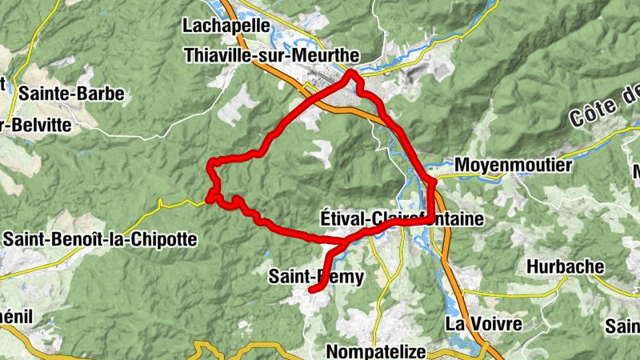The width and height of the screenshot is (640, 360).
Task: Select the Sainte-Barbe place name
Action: [x=71, y=94]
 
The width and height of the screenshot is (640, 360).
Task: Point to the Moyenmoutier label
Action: [x=513, y=166]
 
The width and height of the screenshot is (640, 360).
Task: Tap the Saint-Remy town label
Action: [x=316, y=278]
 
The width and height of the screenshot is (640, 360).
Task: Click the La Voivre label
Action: [x=483, y=324]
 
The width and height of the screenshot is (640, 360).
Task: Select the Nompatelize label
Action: [x=379, y=351]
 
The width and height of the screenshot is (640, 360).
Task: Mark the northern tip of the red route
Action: [x=350, y=74]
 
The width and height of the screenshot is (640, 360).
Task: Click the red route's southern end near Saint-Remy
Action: [x=310, y=294]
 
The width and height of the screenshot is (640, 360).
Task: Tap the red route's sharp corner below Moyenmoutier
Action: [x=433, y=184]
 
